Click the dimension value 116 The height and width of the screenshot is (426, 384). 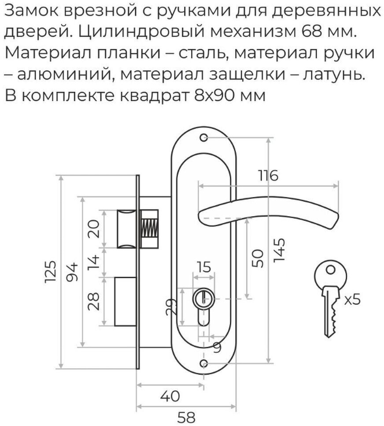click(268, 176)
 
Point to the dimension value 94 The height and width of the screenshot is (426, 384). click(73, 272)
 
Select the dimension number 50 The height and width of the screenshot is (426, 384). click(258, 258)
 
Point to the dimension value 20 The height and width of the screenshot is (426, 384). click(93, 228)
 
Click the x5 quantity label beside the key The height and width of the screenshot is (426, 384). click(352, 300)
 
